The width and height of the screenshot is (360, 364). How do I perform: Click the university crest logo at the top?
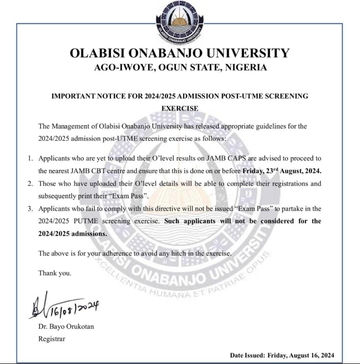click(x=179, y=22)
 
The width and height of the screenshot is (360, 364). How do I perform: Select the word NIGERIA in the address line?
click(x=245, y=68)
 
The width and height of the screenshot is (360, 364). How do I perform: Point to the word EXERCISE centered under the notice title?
click(x=180, y=108)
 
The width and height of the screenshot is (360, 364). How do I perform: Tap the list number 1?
click(x=30, y=159)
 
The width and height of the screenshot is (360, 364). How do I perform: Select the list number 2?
click(x=30, y=184)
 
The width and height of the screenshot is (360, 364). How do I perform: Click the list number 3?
click(x=30, y=209)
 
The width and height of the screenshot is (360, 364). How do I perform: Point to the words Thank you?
click(x=55, y=273)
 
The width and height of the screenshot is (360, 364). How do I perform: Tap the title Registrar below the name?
click(x=51, y=339)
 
